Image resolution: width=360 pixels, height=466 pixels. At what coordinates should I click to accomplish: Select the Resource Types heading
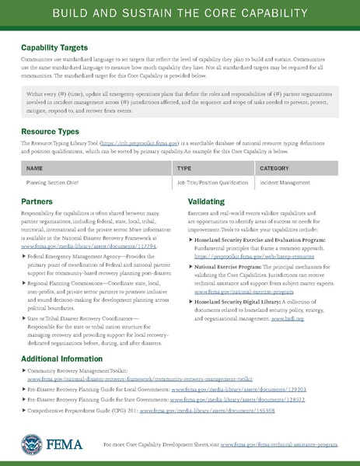coord(48,131)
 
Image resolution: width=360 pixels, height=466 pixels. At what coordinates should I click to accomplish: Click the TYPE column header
coord(184,167)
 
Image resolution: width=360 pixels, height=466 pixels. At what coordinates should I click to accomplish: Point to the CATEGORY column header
coord(274,167)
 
